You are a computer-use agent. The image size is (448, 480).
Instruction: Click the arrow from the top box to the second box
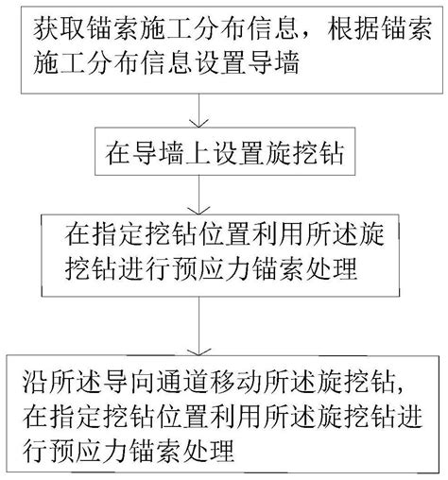[198, 111]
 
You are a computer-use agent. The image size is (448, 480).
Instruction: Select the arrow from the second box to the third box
[198, 195]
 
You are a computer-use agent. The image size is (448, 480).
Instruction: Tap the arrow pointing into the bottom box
[198, 326]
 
